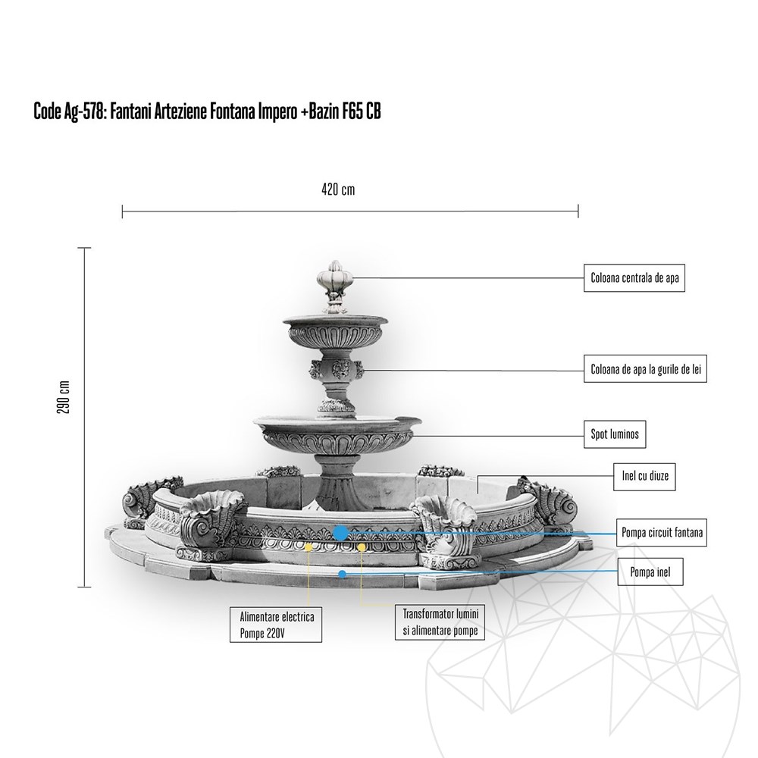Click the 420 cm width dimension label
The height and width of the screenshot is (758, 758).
[338, 190]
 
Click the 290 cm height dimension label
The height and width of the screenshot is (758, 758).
[64, 396]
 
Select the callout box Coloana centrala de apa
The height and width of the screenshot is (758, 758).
[634, 278]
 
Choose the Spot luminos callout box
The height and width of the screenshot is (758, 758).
[615, 435]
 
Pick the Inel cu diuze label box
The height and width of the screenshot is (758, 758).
[644, 477]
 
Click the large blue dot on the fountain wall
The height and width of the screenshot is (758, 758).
[340, 533]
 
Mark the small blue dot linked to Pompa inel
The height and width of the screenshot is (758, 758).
[343, 574]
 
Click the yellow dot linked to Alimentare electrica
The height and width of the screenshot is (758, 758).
[309, 546]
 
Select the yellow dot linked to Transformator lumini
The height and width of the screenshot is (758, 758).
[362, 547]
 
